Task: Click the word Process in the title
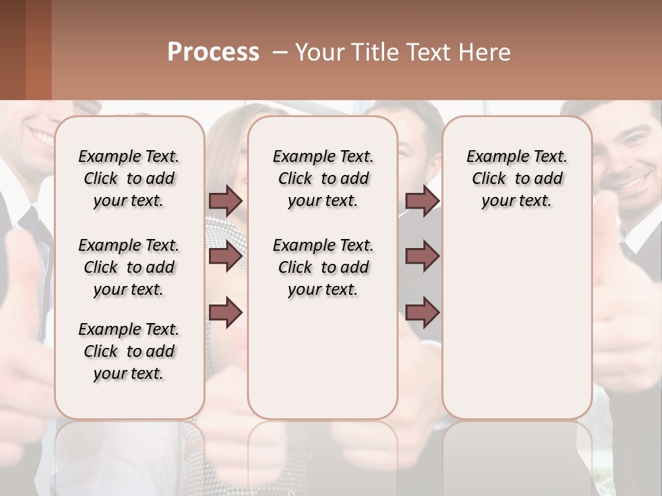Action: point(213,52)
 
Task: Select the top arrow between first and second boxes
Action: point(225,200)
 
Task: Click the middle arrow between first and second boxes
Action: point(225,256)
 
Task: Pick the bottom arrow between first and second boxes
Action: point(225,312)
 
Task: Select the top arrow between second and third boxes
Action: point(422,200)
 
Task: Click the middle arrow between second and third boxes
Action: point(422,256)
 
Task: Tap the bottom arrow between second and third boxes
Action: point(422,312)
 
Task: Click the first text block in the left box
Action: point(129,178)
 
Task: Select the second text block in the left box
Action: point(129,267)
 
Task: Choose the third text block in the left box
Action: point(129,351)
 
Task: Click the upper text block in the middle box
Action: point(323,178)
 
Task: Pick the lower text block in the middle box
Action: point(323,267)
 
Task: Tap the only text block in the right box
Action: point(516,178)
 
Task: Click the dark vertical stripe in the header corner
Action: point(38,50)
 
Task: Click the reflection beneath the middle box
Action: point(323,455)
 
